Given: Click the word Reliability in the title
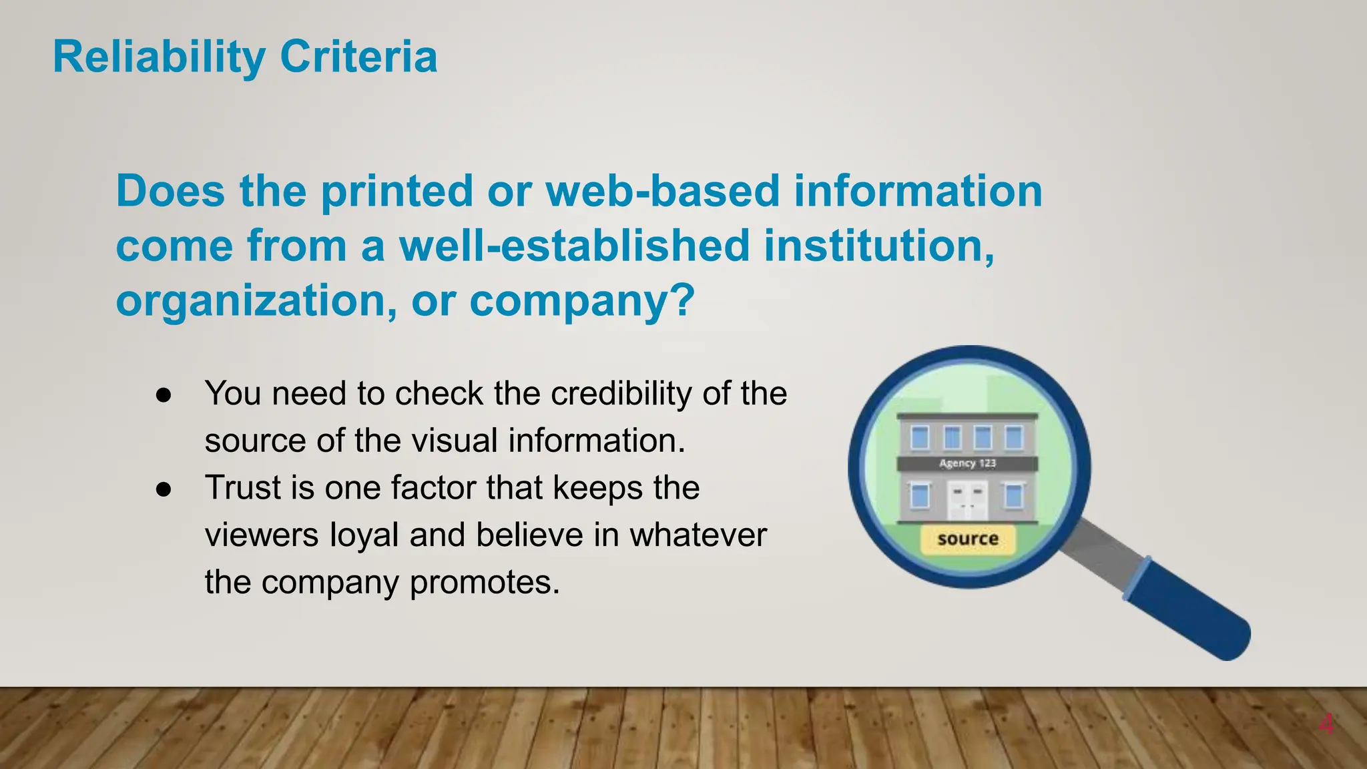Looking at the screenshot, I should coord(159,57).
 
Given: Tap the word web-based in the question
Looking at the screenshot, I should coord(662,191).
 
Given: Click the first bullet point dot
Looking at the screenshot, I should coord(164,395).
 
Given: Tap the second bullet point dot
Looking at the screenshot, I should coord(164,489).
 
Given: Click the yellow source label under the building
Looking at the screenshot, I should coord(967,539).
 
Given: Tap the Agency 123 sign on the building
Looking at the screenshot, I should coord(967,463).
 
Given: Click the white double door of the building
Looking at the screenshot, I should coord(967,501).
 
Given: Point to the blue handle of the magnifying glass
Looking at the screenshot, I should coord(1188,609).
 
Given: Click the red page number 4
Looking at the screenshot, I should coord(1326,724).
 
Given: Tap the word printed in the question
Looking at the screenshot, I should coord(397,191).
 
